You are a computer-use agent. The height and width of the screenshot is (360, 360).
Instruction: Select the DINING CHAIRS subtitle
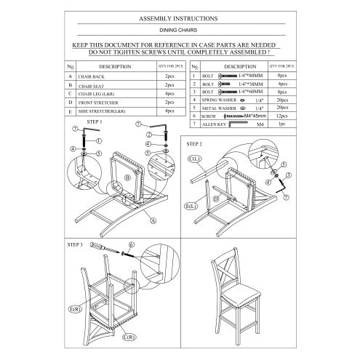coord(180,32)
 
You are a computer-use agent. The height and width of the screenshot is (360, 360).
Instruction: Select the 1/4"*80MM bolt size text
coord(254,75)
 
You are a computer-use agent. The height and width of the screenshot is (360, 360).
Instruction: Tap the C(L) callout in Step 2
coord(195,158)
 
